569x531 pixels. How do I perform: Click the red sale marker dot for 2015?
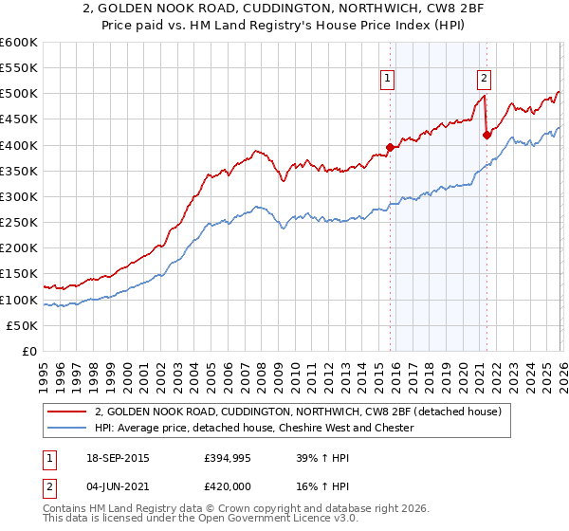coord(390,147)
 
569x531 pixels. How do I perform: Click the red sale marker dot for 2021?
coord(486,135)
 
